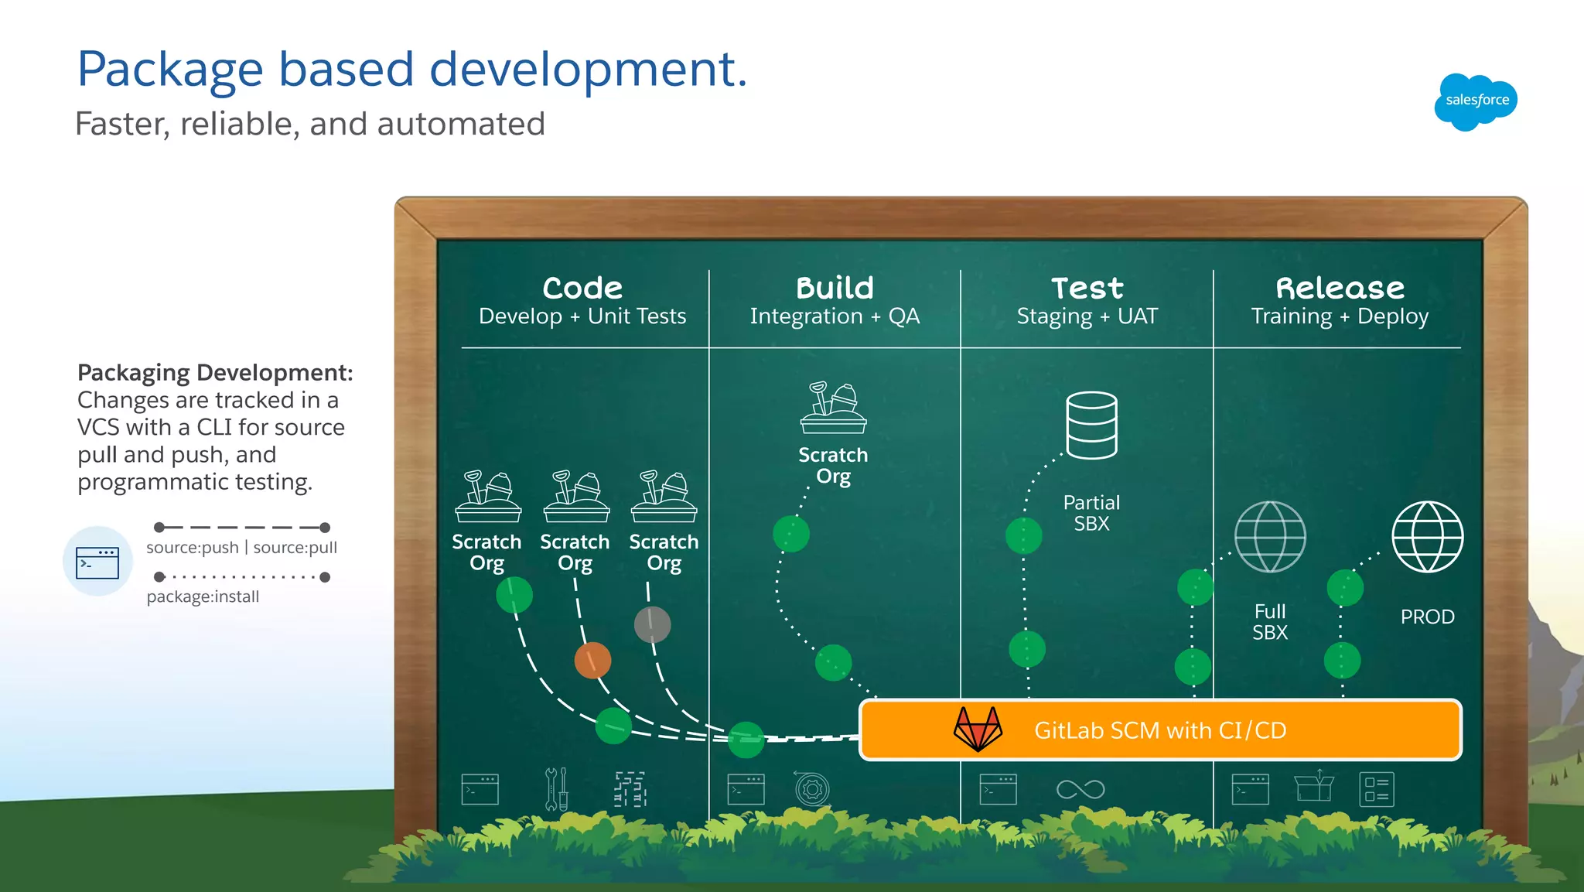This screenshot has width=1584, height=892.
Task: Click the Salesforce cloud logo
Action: [x=1476, y=101]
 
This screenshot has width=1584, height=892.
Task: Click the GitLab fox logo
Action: [x=978, y=729]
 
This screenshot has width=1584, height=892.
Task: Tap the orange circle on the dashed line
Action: [x=592, y=660]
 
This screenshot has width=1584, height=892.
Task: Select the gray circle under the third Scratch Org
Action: [x=652, y=624]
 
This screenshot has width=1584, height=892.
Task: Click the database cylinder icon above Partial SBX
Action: [x=1091, y=425]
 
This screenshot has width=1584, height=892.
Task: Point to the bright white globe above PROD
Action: [x=1427, y=536]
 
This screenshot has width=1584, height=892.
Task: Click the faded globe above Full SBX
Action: [x=1270, y=536]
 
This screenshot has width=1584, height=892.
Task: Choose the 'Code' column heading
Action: [x=582, y=288]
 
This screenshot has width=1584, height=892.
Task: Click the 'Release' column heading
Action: [x=1340, y=288]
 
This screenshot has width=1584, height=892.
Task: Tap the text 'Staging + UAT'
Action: [x=1087, y=316]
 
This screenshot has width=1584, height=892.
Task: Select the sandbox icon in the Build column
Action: [x=833, y=408]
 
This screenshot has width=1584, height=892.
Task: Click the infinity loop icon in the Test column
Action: [x=1080, y=789]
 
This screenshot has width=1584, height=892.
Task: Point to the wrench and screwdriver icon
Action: [x=556, y=789]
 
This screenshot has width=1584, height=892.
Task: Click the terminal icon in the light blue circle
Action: [x=97, y=562]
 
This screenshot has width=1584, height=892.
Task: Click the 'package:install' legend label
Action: [x=203, y=596]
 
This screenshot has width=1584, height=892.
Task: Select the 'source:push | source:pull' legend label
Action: [x=241, y=548]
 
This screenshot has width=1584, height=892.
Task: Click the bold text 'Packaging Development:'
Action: [x=215, y=373]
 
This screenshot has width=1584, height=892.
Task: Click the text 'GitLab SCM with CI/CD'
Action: [x=1159, y=730]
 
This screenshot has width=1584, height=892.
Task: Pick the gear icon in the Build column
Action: [x=812, y=790]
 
